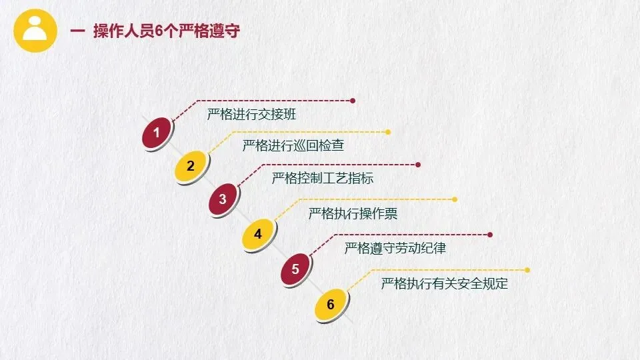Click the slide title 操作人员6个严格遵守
coord(166,31)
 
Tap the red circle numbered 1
coord(157,133)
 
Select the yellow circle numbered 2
coord(191,166)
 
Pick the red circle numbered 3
coord(223,199)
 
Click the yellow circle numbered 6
coord(331,305)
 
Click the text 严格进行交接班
coord(251,114)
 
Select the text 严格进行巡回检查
coord(293,145)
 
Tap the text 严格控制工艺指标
coord(323,179)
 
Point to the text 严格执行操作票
coord(353,214)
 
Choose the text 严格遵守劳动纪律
coord(395,249)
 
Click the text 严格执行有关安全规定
coord(445,284)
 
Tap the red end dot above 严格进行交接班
coord(353,101)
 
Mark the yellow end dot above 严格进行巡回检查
coord(388,132)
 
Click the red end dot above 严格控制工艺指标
coord(418,165)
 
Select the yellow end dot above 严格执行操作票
coord(455,199)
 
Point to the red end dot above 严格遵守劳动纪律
coord(490,235)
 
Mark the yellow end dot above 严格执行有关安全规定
coord(527,270)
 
